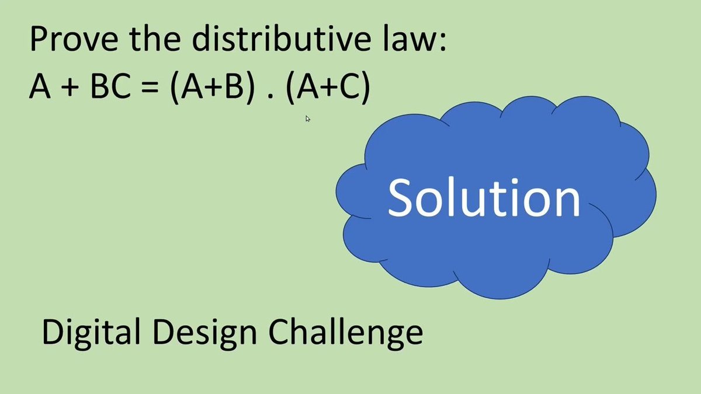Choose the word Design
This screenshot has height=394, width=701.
click(x=199, y=333)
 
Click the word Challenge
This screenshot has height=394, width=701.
click(x=345, y=333)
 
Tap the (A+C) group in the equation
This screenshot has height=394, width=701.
click(x=329, y=90)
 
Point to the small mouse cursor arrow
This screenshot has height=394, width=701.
click(x=307, y=118)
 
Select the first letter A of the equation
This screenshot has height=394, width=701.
click(x=39, y=90)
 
